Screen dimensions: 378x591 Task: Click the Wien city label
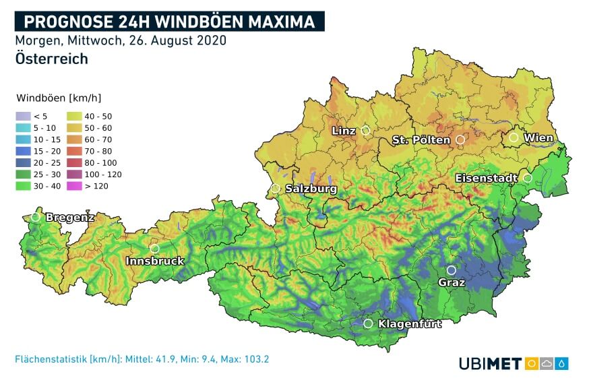539,138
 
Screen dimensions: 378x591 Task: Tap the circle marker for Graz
452,270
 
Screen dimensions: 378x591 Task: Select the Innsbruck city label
154,261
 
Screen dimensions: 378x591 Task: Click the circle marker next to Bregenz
36,217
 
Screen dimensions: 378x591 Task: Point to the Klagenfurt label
410,324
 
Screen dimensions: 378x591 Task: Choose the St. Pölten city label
421,140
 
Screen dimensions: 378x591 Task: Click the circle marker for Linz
366,130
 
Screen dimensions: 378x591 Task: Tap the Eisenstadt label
487,178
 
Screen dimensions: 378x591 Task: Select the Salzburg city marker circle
276,189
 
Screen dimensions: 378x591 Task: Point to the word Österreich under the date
51,59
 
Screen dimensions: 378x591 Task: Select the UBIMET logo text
490,364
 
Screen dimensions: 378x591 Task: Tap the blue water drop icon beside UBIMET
562,364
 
